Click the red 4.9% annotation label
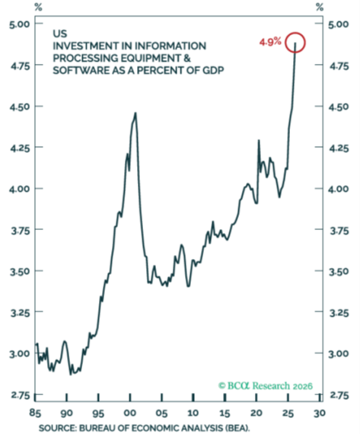[x=270, y=42]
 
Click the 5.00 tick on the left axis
[x=20, y=24]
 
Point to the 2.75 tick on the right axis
[x=339, y=395]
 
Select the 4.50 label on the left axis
[x=20, y=107]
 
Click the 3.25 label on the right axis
[x=339, y=313]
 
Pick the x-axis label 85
[x=35, y=413]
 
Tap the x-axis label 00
[x=130, y=413]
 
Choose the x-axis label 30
[x=320, y=413]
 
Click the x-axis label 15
[x=225, y=413]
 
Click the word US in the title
[x=60, y=34]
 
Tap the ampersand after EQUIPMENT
[x=187, y=58]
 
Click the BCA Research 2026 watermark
[x=266, y=385]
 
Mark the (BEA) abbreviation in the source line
[x=237, y=428]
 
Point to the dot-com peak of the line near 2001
[x=135, y=113]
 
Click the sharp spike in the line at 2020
[x=259, y=140]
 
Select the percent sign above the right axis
[x=320, y=8]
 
